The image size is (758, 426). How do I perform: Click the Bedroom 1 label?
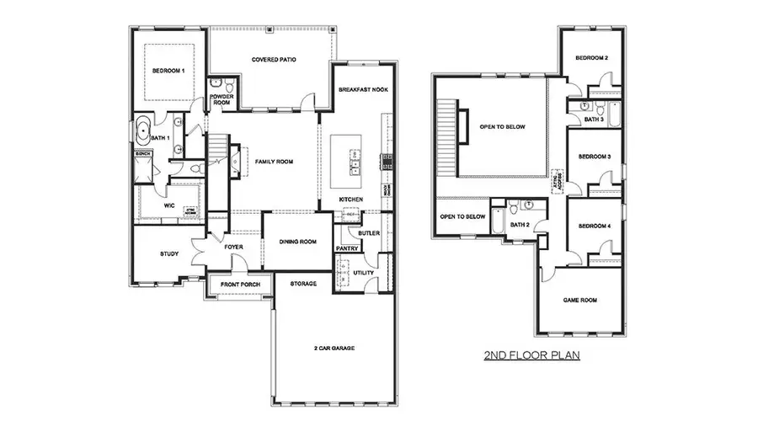[x=168, y=72]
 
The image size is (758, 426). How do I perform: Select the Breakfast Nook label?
[x=362, y=89]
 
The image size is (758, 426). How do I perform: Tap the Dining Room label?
[x=297, y=242]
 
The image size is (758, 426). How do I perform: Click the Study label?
[x=168, y=254]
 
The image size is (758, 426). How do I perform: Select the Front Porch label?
[x=240, y=285]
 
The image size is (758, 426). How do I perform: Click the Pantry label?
[x=347, y=249]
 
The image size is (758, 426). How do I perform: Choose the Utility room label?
[x=364, y=274]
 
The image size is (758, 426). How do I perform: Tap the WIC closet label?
[x=168, y=205]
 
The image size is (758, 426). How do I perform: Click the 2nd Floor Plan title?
[x=531, y=356]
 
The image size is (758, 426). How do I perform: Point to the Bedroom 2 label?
[x=591, y=58]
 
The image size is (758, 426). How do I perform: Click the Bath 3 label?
[x=594, y=120]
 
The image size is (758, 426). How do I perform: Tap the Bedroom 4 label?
[x=594, y=227]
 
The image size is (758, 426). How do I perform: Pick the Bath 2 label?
[x=520, y=225]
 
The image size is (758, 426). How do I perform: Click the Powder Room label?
[x=223, y=99]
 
